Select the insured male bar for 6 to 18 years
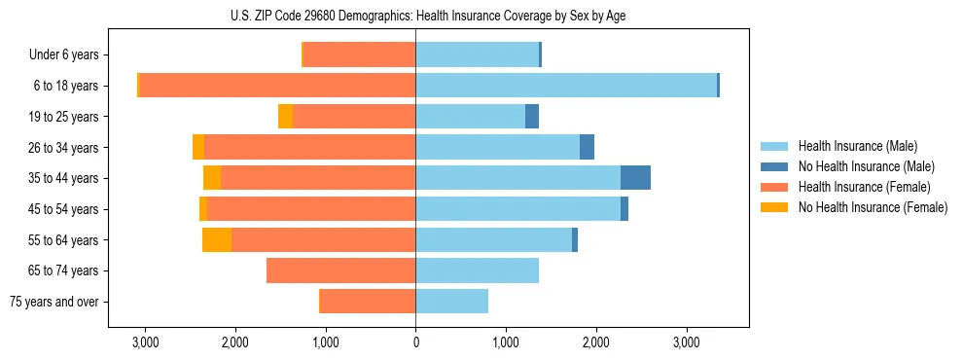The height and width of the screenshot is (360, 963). tap(566, 86)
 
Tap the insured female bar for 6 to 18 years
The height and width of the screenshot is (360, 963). tap(277, 86)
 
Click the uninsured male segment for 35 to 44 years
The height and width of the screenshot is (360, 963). tap(635, 178)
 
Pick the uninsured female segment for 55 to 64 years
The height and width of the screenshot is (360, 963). tap(217, 240)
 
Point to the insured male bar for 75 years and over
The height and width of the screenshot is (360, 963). tap(451, 302)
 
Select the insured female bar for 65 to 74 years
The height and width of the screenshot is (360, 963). tap(340, 270)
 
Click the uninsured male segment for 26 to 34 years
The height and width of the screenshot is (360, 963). tap(587, 147)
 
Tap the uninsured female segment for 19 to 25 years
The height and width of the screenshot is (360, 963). tap(285, 117)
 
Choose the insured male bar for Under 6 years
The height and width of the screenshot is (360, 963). tap(477, 54)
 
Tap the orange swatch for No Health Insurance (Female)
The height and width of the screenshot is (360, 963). tap(774, 207)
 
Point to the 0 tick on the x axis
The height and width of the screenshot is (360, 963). tap(415, 342)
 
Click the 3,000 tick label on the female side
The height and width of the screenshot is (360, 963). tap(145, 342)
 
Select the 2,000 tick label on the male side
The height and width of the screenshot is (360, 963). tap(596, 342)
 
